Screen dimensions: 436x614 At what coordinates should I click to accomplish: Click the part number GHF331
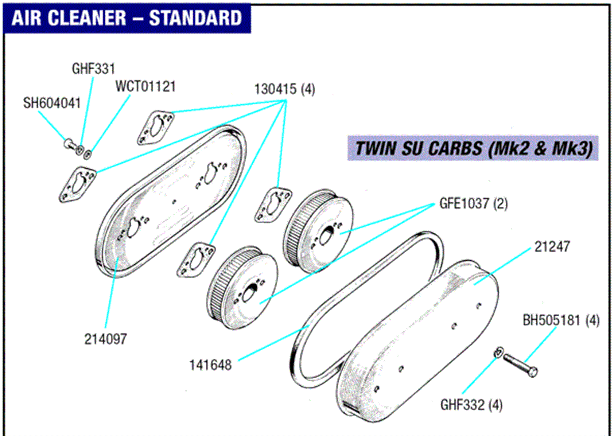click(93, 69)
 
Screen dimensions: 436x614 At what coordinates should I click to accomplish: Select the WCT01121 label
click(146, 87)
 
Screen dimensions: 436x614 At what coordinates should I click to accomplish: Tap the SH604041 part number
click(52, 103)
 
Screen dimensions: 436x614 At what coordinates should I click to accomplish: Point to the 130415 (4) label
click(285, 89)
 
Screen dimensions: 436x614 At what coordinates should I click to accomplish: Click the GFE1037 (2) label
click(473, 204)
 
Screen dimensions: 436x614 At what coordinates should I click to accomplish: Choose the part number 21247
click(552, 247)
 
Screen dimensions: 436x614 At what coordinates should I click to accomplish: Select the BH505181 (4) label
click(561, 321)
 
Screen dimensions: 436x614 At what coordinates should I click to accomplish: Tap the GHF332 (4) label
click(471, 405)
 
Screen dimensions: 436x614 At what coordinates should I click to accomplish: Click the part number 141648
click(210, 365)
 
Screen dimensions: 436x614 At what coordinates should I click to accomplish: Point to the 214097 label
click(105, 339)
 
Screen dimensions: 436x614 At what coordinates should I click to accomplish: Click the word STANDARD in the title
click(196, 18)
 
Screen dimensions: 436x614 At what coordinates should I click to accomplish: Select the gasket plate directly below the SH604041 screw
click(77, 184)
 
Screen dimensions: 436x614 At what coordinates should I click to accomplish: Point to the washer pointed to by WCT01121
click(87, 154)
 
